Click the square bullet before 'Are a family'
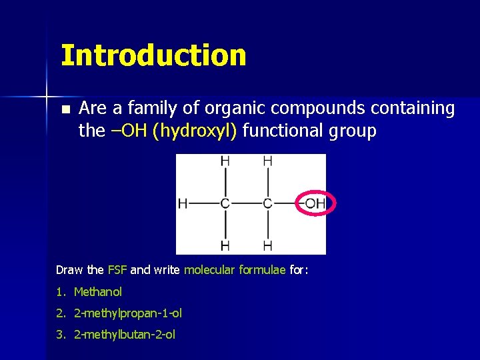pos(64,109)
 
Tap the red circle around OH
pos(315,203)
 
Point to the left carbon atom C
pos(225,203)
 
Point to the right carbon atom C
pos(267,203)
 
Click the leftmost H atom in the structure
pos(183,203)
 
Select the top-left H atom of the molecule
pos(225,161)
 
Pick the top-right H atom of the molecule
pos(267,161)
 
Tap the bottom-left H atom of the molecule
pos(225,246)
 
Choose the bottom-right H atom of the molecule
pos(267,246)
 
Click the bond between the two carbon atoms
pos(246,203)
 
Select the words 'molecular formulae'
pos(235,270)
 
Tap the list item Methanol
pos(98,292)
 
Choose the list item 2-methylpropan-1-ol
pos(128,313)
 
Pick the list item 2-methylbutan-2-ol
pos(125,335)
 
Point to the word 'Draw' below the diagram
pos(70,270)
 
